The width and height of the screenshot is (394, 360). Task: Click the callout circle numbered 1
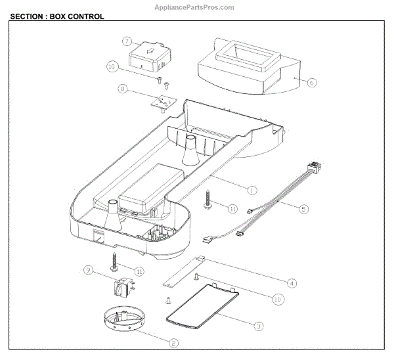click(x=252, y=189)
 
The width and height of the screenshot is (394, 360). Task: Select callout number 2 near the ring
click(x=174, y=342)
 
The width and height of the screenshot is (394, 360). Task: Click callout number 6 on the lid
click(x=312, y=83)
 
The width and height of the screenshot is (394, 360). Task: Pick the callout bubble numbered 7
click(x=127, y=41)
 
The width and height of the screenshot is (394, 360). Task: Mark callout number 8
click(x=122, y=88)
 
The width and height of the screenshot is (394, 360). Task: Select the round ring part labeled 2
click(x=124, y=321)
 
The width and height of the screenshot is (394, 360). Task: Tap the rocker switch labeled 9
click(x=121, y=288)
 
